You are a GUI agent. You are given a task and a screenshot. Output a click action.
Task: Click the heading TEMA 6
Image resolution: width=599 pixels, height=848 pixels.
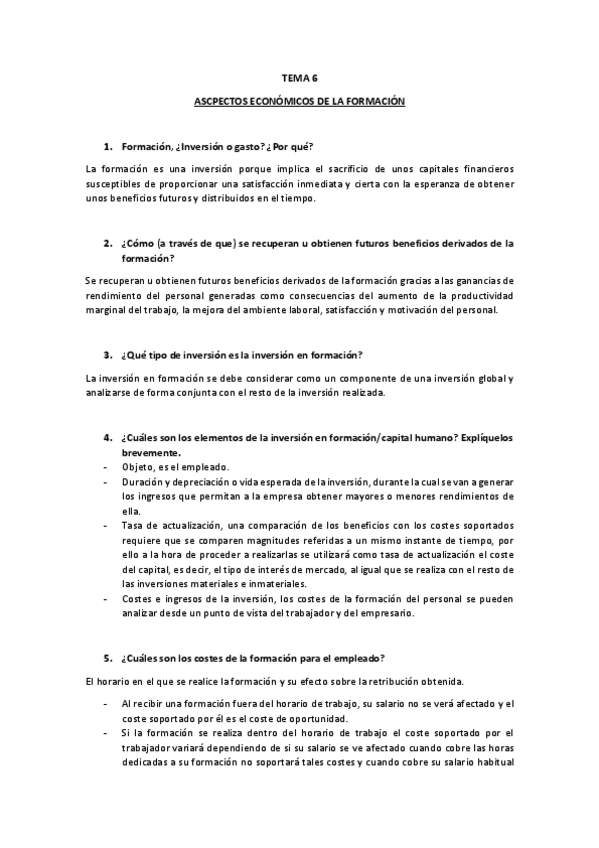(298, 76)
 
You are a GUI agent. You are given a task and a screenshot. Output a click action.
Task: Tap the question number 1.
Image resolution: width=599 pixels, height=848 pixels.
(107, 146)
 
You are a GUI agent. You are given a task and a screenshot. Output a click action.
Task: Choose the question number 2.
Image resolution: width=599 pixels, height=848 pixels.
(107, 242)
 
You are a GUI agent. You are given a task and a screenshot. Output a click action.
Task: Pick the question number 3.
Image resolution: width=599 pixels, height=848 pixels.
(107, 355)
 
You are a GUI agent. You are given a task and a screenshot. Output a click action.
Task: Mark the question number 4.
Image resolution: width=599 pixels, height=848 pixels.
(107, 438)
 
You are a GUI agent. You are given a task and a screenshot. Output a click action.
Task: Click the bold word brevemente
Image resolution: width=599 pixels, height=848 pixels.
(151, 452)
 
